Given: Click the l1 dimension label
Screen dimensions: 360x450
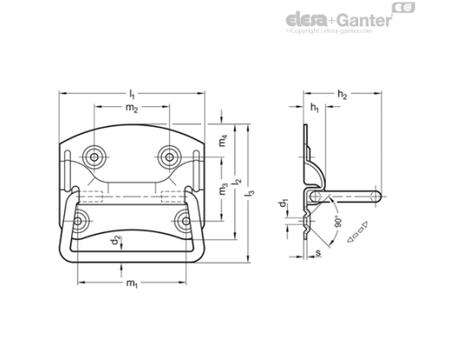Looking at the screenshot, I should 132,94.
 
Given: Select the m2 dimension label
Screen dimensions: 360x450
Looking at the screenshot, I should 131,109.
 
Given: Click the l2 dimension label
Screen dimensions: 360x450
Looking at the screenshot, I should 237,181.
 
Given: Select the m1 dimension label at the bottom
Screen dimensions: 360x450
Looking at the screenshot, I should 131,284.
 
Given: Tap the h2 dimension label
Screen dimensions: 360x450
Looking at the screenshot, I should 343,94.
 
